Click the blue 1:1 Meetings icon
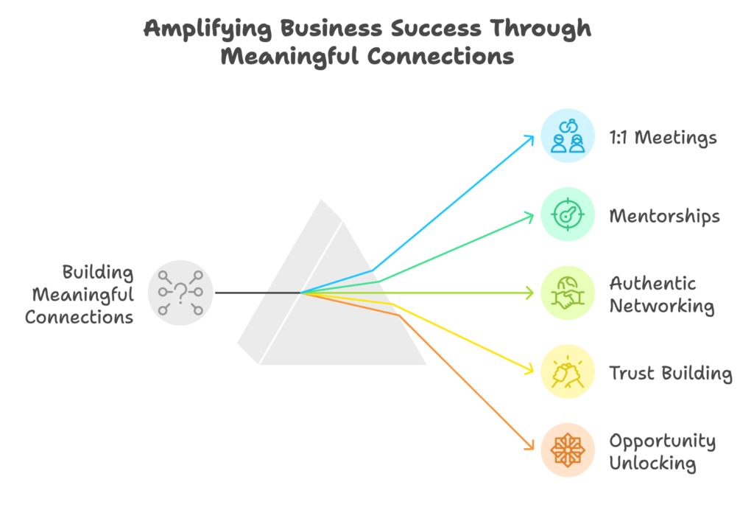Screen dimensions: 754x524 (568, 136)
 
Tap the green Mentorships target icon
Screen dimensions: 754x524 (568, 214)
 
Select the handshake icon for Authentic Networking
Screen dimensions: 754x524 (568, 293)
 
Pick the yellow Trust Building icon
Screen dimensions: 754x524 (568, 371)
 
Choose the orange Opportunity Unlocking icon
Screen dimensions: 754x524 (568, 450)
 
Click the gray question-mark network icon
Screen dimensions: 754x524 (180, 293)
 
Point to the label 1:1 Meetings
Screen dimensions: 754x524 (663, 138)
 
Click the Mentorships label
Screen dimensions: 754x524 (665, 216)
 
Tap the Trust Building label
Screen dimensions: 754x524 (671, 374)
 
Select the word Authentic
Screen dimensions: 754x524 (652, 284)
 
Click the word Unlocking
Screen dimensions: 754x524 (652, 464)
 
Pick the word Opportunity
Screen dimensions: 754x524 (663, 441)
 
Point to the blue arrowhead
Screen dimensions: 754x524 (529, 139)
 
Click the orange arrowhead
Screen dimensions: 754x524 (529, 446)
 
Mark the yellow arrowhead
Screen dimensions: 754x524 (529, 369)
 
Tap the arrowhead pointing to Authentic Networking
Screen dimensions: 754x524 (530, 293)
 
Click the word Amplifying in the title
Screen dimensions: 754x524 (207, 29)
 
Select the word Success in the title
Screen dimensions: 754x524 (436, 28)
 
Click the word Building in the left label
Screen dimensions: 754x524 (98, 273)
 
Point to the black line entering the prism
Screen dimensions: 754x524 (258, 293)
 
